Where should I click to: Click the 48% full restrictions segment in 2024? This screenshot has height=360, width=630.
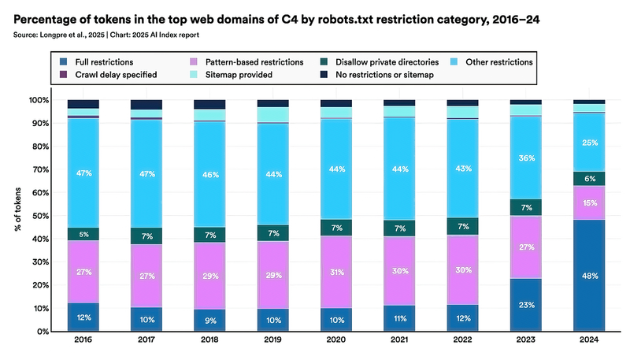point(588,276)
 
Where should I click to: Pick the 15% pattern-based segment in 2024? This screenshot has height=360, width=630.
point(588,203)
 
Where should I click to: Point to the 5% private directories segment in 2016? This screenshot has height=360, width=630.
point(83,234)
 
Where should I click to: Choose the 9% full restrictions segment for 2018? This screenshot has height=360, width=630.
point(209,321)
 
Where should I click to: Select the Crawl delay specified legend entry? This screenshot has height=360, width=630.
point(113,75)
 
